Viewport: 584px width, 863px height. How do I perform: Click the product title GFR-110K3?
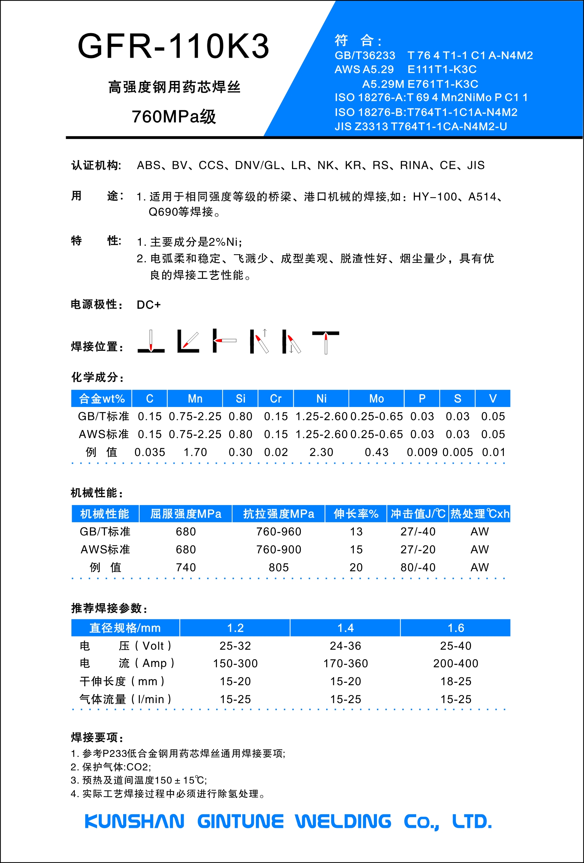click(173, 46)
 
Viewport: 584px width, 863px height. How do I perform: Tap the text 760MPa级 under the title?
click(174, 117)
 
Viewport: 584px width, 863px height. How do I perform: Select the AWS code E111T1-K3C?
click(442, 69)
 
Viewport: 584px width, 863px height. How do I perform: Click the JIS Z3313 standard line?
click(421, 127)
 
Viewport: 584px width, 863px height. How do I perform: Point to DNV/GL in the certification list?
click(257, 165)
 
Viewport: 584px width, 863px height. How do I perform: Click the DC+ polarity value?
click(149, 305)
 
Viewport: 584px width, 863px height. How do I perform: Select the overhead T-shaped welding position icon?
click(325, 342)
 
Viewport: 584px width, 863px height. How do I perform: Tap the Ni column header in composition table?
click(321, 399)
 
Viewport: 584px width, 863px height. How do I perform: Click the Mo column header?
click(376, 399)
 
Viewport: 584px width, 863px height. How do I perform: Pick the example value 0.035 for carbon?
click(150, 452)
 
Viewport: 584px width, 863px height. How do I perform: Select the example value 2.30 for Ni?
click(321, 452)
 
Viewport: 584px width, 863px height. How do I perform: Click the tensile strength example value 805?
click(278, 568)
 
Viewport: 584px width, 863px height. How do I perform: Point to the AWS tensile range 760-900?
click(278, 550)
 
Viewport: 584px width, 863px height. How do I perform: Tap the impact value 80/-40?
click(418, 568)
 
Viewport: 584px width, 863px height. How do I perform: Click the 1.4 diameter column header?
click(345, 628)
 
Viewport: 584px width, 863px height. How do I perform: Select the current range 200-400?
click(456, 664)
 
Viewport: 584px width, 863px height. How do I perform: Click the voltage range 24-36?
click(345, 646)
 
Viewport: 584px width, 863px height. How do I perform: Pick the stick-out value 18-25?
click(456, 681)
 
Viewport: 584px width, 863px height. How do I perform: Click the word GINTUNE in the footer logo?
click(240, 821)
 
